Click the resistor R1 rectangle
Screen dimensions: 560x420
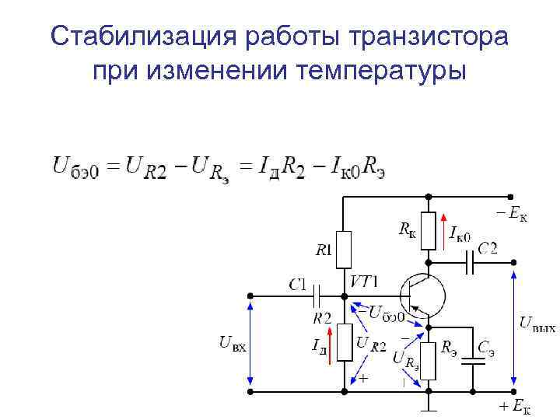[x=345, y=248]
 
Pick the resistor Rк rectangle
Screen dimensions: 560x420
[x=429, y=230]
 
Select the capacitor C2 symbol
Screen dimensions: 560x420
[x=469, y=265]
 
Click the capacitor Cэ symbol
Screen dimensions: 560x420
[x=472, y=359]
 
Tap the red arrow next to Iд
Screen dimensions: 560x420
[x=329, y=345]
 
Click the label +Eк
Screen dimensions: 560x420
[x=514, y=407]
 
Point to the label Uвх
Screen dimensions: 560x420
[x=232, y=342]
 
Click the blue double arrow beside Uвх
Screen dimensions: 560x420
[x=250, y=342]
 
